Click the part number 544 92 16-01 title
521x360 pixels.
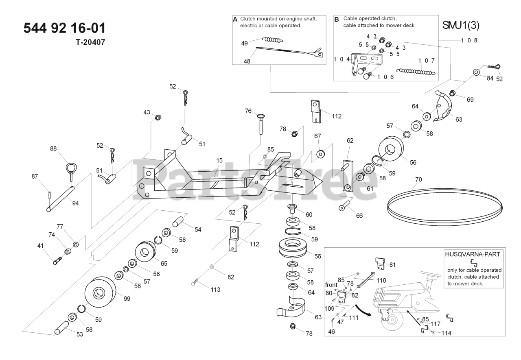tap(65, 28)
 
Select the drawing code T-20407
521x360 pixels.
tap(90, 42)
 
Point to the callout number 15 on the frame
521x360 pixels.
tap(219, 161)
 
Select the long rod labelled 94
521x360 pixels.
tap(61, 199)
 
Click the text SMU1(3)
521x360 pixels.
tap(461, 25)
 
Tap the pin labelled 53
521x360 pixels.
tap(66, 327)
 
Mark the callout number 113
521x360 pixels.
tap(215, 290)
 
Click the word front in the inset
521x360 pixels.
tap(331, 285)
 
